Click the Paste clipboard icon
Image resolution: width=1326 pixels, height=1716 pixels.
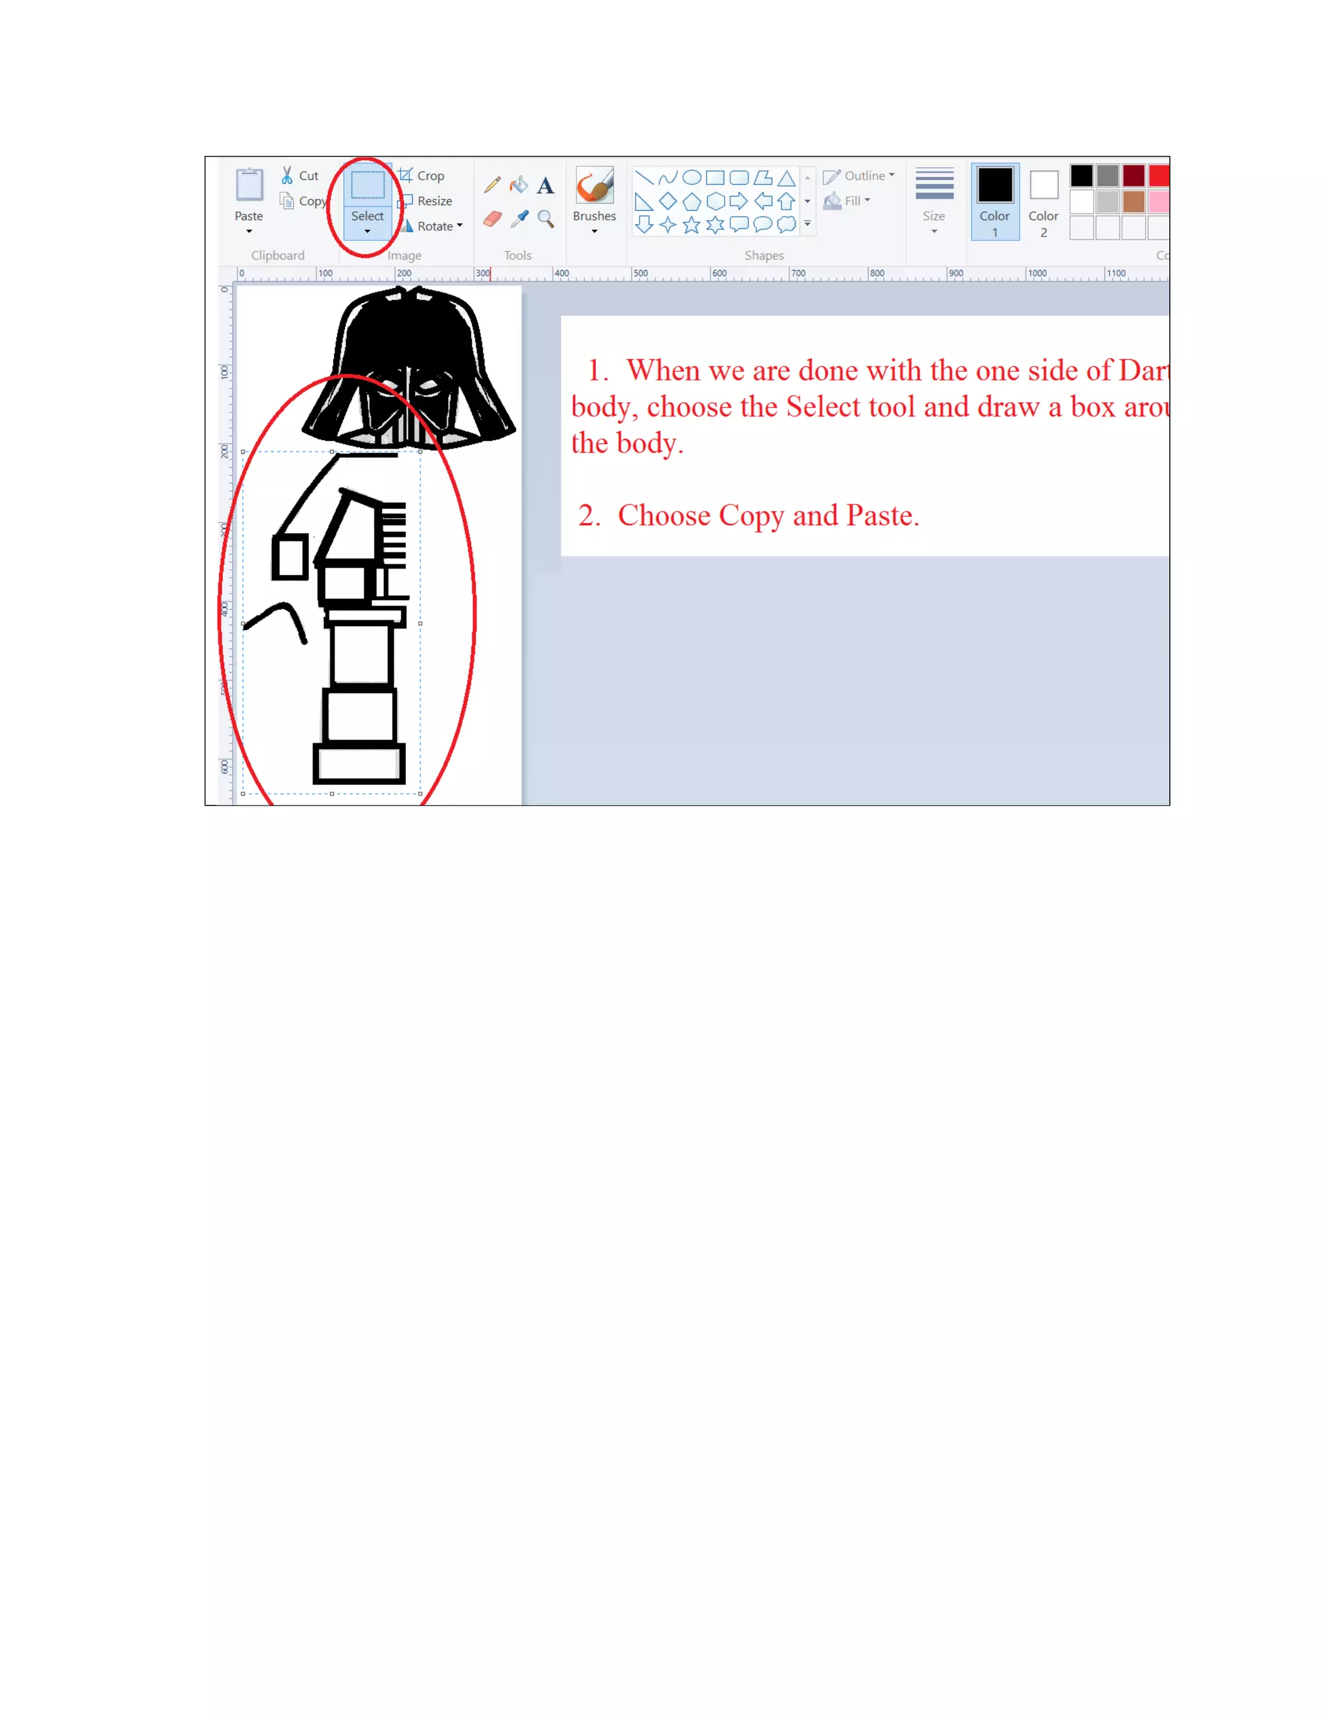[x=249, y=185]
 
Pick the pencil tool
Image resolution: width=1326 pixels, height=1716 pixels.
[x=493, y=185]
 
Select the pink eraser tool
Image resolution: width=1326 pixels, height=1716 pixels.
[x=493, y=218]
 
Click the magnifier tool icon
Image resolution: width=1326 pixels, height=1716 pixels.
[x=545, y=218]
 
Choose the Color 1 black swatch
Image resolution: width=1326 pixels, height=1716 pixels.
[x=994, y=185]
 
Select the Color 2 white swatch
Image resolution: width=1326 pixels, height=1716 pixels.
[x=1043, y=185]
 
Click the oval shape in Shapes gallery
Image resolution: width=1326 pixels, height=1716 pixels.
[x=691, y=177]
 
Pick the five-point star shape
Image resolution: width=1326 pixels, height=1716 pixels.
[x=691, y=225]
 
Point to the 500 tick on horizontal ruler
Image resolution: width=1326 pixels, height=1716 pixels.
[x=633, y=274]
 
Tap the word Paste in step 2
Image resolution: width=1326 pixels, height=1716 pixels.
[x=879, y=515]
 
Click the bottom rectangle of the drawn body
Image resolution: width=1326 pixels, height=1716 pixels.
[x=359, y=763]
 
